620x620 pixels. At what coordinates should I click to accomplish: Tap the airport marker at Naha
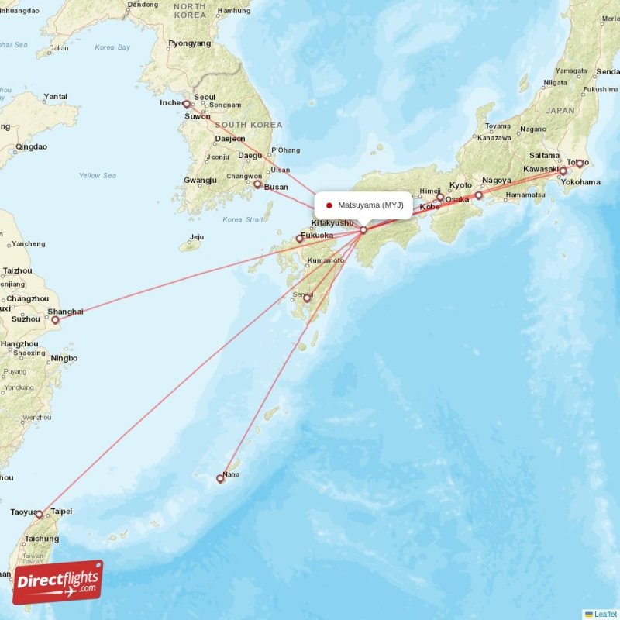pos(220,479)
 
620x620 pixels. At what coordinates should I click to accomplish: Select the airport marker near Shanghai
pos(55,319)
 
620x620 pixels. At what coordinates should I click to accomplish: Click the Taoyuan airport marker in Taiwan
pos(40,514)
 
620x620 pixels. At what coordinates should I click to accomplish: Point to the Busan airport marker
pos(257,184)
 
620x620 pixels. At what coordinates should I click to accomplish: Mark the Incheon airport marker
pos(186,104)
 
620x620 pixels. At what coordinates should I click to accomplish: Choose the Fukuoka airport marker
pos(299,239)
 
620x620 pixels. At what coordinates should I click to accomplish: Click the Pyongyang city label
pos(189,43)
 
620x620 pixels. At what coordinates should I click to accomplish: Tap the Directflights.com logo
pos(57,582)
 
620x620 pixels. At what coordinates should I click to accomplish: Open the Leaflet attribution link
pos(605,614)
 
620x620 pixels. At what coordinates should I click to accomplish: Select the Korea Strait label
pos(243,220)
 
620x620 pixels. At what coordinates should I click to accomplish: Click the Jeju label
pos(196,237)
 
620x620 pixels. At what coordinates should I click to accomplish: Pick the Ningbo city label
pos(64,359)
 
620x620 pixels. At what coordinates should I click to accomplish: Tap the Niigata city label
pos(556,82)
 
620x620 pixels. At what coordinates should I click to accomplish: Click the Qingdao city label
pos(31,146)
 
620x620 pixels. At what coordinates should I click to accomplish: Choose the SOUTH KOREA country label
pos(249,125)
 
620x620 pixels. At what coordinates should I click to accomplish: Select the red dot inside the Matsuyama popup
pos(329,205)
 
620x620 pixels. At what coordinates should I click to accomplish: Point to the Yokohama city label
pos(580,182)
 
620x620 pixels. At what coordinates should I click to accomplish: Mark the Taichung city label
pos(42,539)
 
